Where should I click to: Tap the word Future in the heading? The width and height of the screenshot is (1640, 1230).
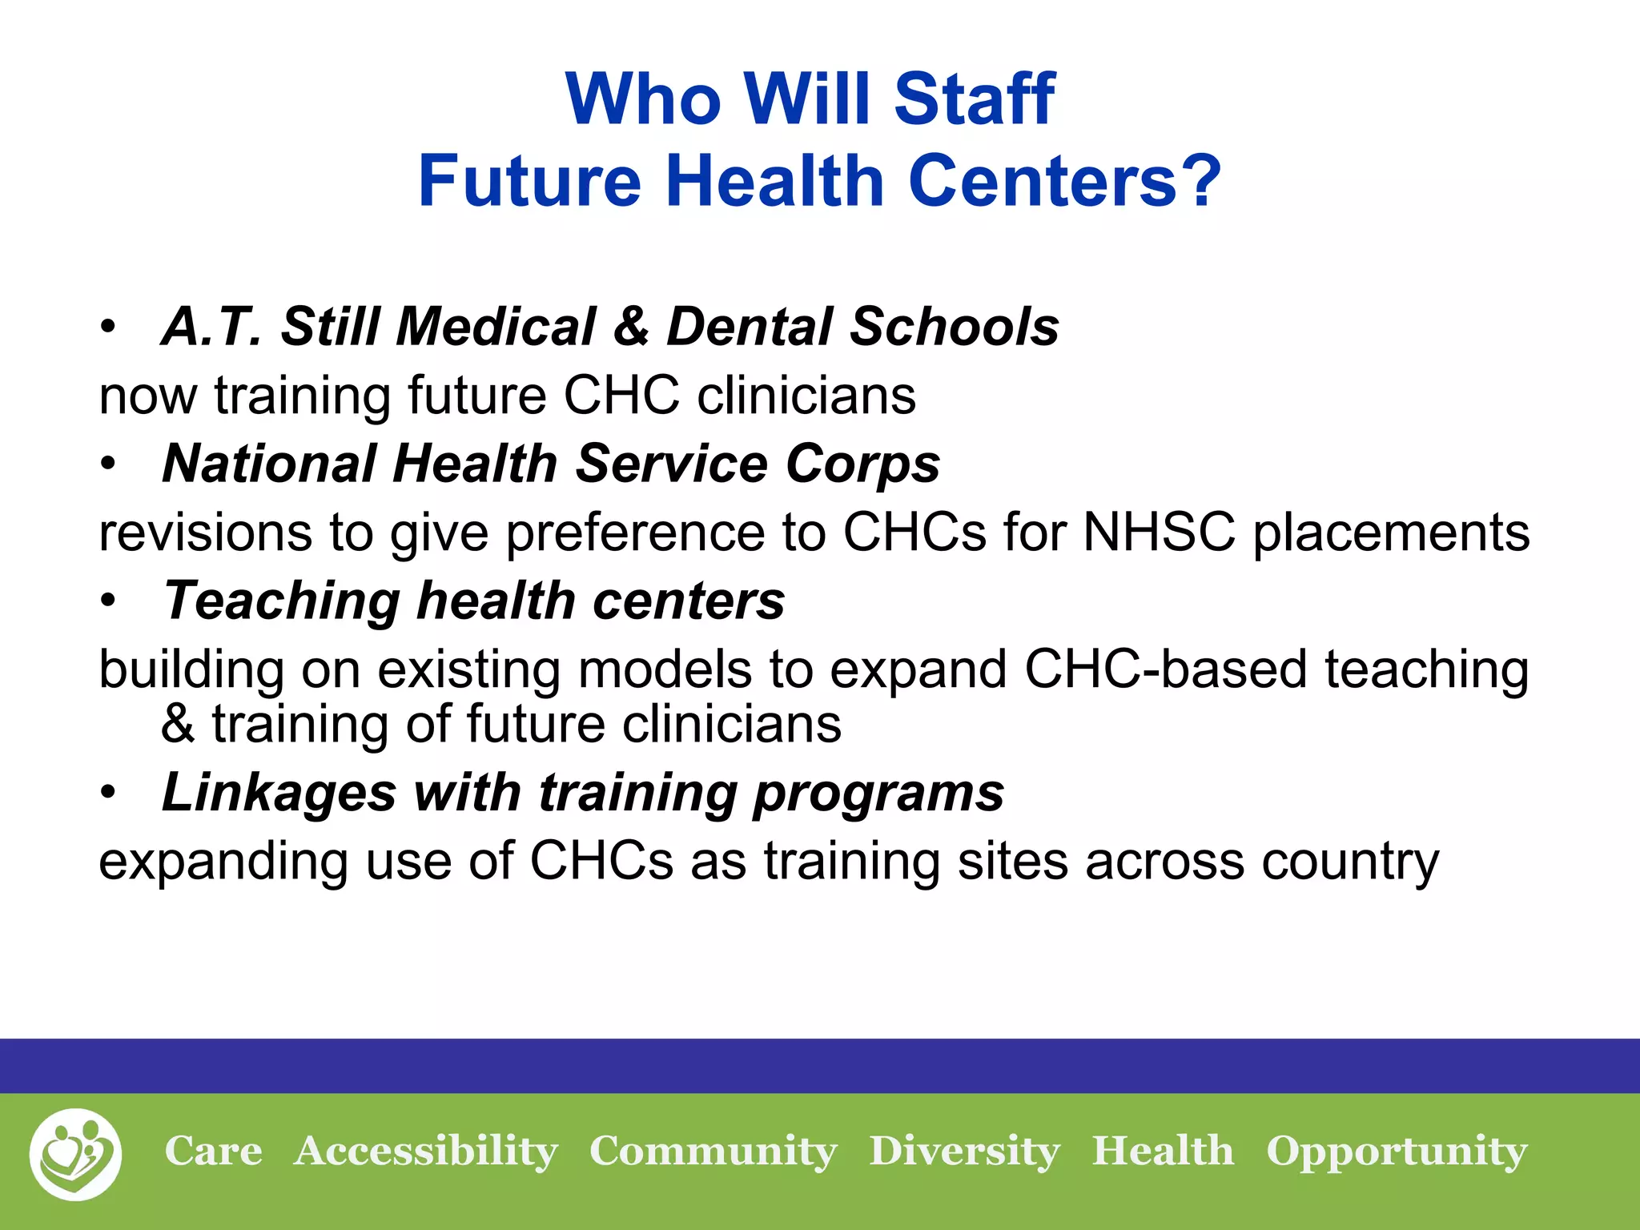[529, 181]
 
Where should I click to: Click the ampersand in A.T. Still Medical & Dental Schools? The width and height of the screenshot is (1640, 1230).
[632, 327]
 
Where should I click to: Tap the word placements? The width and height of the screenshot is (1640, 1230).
[1391, 534]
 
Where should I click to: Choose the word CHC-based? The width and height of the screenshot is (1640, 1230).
[1165, 669]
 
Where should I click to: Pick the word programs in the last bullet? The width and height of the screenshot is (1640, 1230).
[878, 794]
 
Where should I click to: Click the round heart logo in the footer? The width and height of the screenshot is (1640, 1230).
[75, 1154]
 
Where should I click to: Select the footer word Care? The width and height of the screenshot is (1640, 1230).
[213, 1152]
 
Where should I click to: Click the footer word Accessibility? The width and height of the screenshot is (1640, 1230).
[425, 1152]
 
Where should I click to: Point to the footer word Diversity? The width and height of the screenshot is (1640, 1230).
[964, 1152]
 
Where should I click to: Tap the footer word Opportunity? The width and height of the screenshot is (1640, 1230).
[1397, 1152]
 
